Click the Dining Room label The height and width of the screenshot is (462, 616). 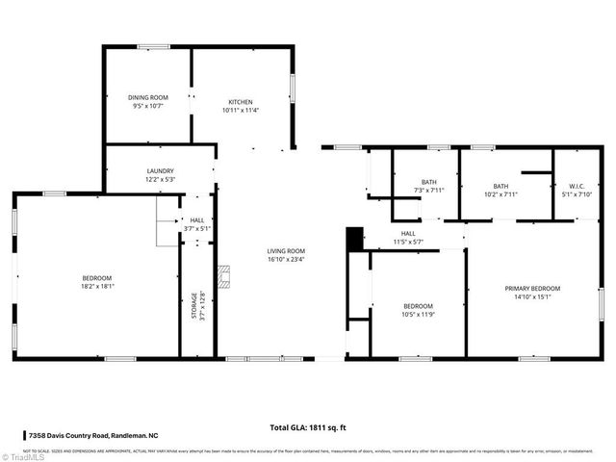click(148, 97)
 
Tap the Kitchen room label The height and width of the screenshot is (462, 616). click(240, 102)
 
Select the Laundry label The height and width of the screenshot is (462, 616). click(160, 170)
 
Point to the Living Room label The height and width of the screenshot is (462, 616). click(286, 251)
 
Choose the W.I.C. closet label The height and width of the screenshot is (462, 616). click(577, 186)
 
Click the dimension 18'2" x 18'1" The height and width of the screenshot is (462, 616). click(97, 286)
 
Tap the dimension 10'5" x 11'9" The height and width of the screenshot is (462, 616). click(418, 314)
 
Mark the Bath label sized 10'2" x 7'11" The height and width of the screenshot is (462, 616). click(500, 186)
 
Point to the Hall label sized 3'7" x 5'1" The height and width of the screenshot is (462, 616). click(197, 220)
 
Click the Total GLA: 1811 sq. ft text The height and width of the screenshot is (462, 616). click(308, 426)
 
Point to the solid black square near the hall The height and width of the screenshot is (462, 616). click(354, 239)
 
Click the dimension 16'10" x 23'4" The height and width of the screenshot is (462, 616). click(286, 259)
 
